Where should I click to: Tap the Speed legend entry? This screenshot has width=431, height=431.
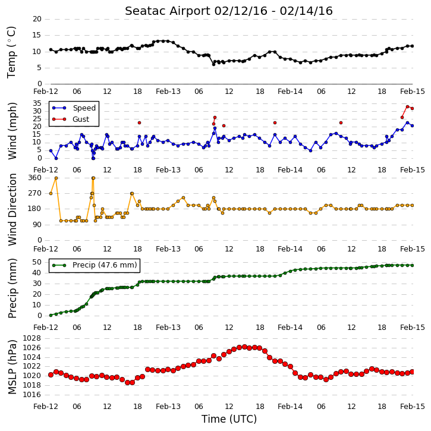74,108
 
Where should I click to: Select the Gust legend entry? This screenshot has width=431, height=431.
70,119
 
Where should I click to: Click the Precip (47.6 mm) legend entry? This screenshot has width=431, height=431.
95,265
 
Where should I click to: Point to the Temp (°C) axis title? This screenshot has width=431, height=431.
11,52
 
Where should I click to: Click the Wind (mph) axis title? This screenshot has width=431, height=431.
12,131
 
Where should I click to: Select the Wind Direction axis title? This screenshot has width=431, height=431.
12,209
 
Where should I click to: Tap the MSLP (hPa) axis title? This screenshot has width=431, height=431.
12,367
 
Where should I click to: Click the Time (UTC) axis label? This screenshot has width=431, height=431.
229,419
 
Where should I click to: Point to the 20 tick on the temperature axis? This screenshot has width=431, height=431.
37,19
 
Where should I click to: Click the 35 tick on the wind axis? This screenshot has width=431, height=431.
37,103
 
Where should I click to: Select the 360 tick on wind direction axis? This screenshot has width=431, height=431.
35,178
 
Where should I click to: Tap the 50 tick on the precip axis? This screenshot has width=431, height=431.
37,262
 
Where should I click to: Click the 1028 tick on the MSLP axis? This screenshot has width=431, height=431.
32,338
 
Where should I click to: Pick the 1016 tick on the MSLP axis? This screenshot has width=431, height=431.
32,395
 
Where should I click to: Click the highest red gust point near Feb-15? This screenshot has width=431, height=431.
407,107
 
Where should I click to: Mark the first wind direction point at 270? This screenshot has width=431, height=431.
51,194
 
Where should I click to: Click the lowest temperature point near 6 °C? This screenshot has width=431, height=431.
213,64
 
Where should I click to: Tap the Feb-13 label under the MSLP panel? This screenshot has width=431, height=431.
168,407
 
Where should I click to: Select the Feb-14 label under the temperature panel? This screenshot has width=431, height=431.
290,92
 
